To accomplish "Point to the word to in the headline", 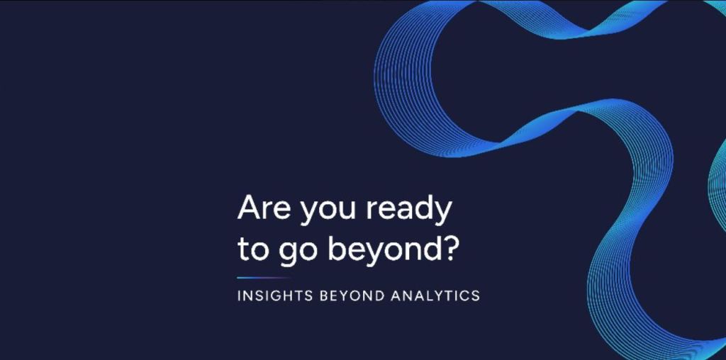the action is coord(253,250).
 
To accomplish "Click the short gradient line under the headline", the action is coord(264,278).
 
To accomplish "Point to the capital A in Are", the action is coord(249,208).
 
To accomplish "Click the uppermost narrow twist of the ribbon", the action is coord(579,33).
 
